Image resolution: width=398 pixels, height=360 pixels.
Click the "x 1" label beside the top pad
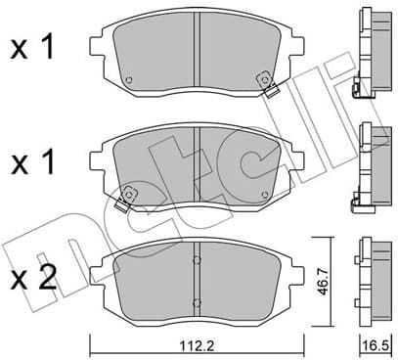32,48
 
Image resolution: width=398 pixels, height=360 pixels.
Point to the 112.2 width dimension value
197,345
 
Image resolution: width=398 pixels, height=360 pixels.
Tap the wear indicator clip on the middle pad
124,202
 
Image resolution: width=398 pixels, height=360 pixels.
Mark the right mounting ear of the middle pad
298,159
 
